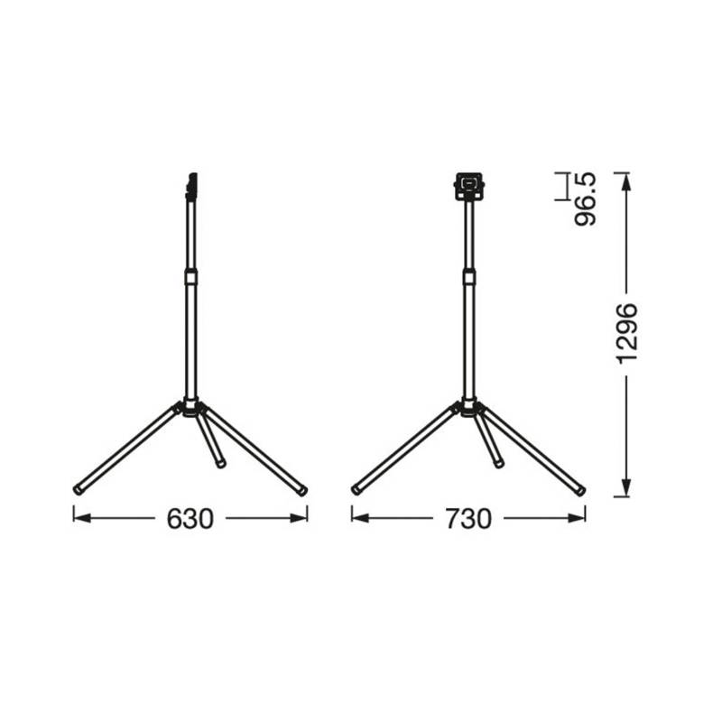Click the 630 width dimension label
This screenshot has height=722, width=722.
190,519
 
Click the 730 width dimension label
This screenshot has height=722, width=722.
467,519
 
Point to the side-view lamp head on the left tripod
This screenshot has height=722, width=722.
190,185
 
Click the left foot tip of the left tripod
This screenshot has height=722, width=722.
78,490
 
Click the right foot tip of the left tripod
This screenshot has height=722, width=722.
302,490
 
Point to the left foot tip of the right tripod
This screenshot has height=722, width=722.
356,490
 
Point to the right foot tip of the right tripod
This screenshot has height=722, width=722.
580,490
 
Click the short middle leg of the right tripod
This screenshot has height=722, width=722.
489,441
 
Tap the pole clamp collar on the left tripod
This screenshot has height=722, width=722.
190,277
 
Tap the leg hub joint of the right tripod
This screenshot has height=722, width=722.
468,405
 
